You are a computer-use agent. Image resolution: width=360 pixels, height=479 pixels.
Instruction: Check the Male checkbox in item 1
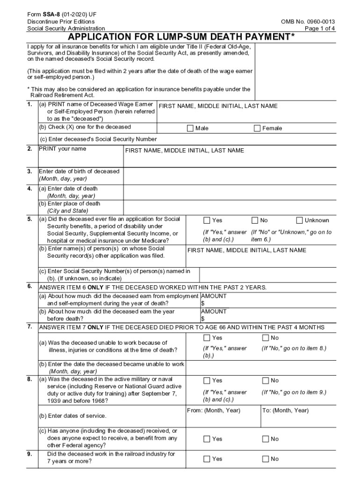[x=190, y=129]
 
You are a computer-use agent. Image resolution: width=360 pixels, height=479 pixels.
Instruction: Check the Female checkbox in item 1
[x=257, y=129]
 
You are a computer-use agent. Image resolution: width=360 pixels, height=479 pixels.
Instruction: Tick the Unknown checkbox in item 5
[x=299, y=220]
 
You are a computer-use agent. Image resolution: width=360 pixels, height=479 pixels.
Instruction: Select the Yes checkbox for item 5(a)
[x=207, y=220]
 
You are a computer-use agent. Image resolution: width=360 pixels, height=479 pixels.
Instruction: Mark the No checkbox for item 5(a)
[x=255, y=220]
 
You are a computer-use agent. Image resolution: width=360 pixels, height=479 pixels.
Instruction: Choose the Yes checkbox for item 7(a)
[x=207, y=338]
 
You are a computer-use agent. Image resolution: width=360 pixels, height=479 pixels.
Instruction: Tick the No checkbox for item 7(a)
[x=266, y=338]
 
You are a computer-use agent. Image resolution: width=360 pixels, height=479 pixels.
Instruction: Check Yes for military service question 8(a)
[x=207, y=381]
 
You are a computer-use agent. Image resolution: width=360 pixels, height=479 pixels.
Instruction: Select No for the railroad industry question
[x=266, y=459]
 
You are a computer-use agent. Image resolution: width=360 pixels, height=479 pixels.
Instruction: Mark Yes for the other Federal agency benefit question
[x=207, y=439]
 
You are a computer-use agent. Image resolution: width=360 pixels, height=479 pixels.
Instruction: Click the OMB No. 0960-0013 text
[x=308, y=22]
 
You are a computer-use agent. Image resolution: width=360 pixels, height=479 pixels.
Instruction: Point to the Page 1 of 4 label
[x=319, y=29]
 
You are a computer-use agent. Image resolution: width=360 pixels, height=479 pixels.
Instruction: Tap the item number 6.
[x=29, y=286]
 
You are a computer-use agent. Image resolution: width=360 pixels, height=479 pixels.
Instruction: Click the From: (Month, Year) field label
[x=213, y=411]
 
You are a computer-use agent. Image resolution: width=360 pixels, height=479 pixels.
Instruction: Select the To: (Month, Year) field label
[x=285, y=411]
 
